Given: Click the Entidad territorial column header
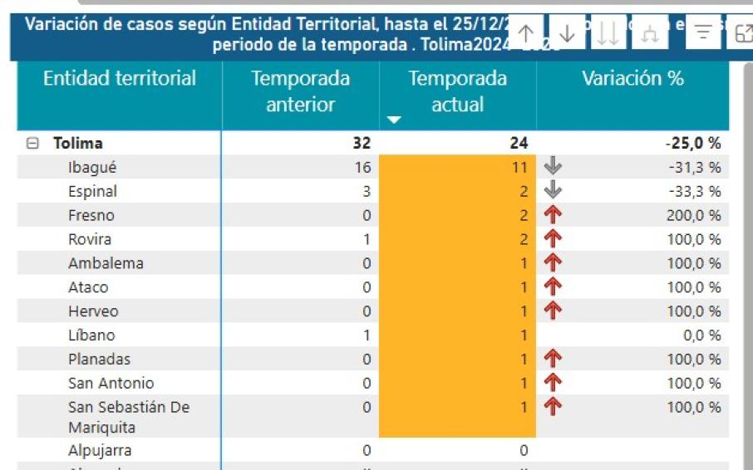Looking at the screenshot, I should [x=119, y=79].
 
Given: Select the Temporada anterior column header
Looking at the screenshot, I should [x=300, y=91].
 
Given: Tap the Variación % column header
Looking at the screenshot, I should [x=632, y=79].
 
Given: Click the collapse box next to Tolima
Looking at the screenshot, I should [x=32, y=144].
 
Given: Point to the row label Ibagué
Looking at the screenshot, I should [x=92, y=168].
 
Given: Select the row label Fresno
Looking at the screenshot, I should [x=91, y=216].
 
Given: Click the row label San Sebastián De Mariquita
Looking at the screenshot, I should [x=128, y=417].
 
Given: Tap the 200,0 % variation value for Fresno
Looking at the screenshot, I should [x=694, y=216].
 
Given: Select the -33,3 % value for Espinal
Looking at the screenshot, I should [x=695, y=192].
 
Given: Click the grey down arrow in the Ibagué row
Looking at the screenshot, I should [x=553, y=167].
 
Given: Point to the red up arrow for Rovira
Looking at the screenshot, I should [x=553, y=239].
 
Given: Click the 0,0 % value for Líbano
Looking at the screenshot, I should [x=701, y=335].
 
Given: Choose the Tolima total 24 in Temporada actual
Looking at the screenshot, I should [x=518, y=144].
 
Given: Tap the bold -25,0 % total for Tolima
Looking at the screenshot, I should [x=692, y=144].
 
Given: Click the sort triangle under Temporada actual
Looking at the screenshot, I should [x=394, y=120].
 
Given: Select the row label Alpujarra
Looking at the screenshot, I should [x=100, y=451].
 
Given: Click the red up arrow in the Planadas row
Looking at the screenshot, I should [x=553, y=359].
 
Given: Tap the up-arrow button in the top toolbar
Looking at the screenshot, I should [x=526, y=33].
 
